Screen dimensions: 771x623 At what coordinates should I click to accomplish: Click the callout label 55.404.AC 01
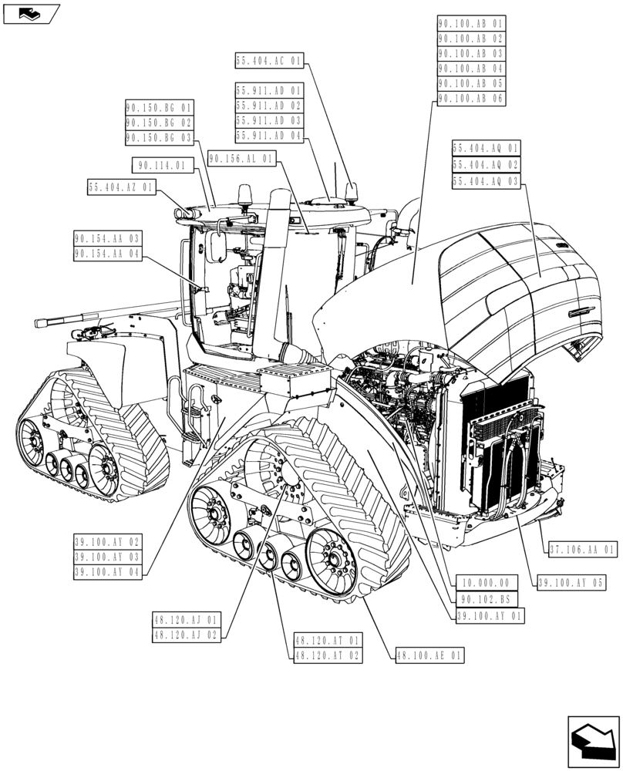tap(270, 59)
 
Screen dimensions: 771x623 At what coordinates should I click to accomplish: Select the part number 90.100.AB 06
tap(470, 99)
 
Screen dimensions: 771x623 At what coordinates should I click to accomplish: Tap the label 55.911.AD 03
tap(270, 120)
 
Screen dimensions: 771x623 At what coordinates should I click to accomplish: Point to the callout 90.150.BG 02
tap(159, 123)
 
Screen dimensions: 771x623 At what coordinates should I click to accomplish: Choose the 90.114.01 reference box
tap(160, 165)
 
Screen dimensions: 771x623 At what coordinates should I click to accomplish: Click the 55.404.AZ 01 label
tap(122, 187)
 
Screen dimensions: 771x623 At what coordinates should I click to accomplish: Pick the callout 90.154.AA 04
tap(108, 254)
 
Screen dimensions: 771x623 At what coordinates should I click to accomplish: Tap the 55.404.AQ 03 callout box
tap(487, 181)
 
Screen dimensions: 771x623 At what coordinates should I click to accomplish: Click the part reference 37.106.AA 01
tap(583, 550)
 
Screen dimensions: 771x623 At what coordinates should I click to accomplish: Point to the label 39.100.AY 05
tap(571, 583)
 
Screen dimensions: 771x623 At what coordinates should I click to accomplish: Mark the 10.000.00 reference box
tap(486, 583)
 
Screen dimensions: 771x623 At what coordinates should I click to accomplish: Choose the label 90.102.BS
tap(486, 599)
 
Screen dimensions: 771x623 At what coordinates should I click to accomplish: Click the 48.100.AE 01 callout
tap(429, 655)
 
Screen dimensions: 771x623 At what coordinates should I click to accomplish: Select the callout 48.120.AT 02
tap(326, 655)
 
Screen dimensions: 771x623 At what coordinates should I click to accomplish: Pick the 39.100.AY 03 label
tap(108, 557)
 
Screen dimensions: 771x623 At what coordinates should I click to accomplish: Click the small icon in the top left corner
tap(31, 13)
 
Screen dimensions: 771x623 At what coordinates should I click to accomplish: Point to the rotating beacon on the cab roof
tap(246, 194)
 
